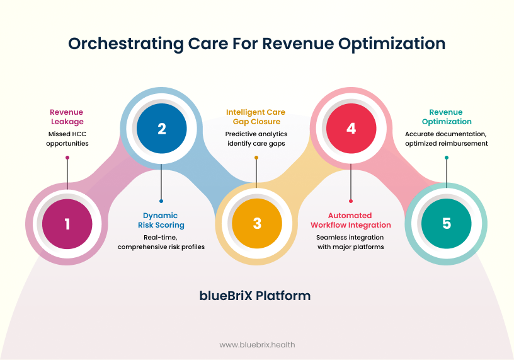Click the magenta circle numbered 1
click(x=67, y=223)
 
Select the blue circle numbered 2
click(x=162, y=129)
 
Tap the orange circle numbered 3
click(x=256, y=223)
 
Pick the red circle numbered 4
click(x=351, y=129)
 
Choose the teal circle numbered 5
click(x=446, y=223)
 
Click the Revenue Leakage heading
click(x=67, y=117)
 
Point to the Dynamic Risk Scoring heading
click(x=161, y=220)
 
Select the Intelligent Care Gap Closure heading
click(x=256, y=117)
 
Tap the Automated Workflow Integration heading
click(x=351, y=220)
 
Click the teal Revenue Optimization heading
click(x=446, y=117)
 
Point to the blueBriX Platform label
click(x=256, y=295)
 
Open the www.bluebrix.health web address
click(x=257, y=345)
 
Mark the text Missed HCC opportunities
click(x=67, y=139)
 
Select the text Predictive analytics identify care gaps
click(x=256, y=139)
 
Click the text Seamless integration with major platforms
click(x=351, y=242)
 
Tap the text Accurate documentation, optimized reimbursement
click(x=446, y=139)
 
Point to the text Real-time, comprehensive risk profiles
click(x=161, y=242)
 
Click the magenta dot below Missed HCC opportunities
click(x=67, y=158)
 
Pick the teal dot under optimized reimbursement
click(x=446, y=158)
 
